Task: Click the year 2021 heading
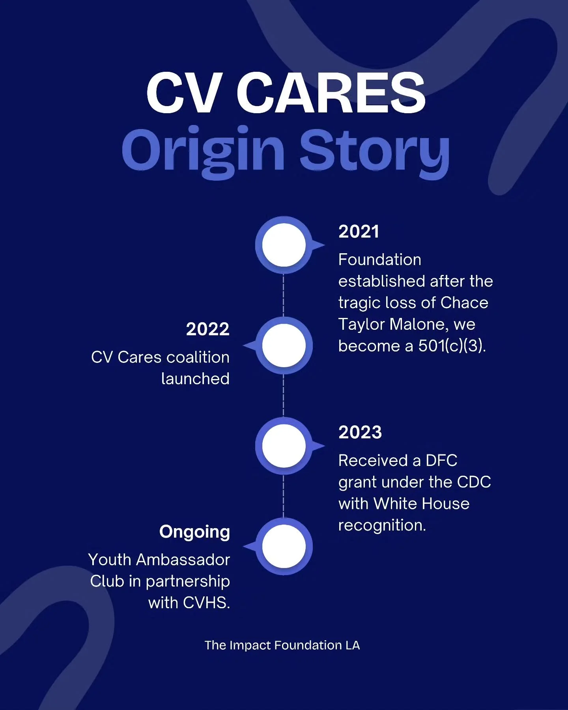point(359,232)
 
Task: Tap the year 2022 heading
point(207,329)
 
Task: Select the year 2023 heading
point(360,432)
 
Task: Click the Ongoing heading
point(194,532)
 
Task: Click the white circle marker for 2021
point(284,245)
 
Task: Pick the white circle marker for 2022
point(284,346)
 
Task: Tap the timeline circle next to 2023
point(284,446)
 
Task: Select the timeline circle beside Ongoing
point(284,547)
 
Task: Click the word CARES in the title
point(331,93)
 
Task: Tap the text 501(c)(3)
point(452,346)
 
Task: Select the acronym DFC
point(441,461)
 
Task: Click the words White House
point(421,504)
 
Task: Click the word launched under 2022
point(195,379)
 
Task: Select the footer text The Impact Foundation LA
point(282,645)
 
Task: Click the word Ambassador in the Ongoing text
point(183,560)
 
